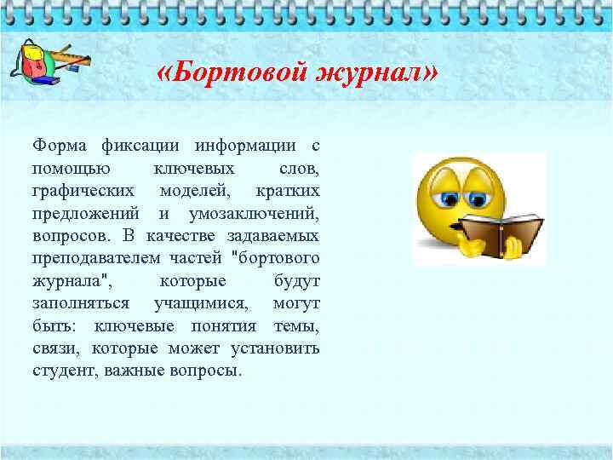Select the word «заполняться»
[81, 302]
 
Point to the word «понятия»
[223, 325]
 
